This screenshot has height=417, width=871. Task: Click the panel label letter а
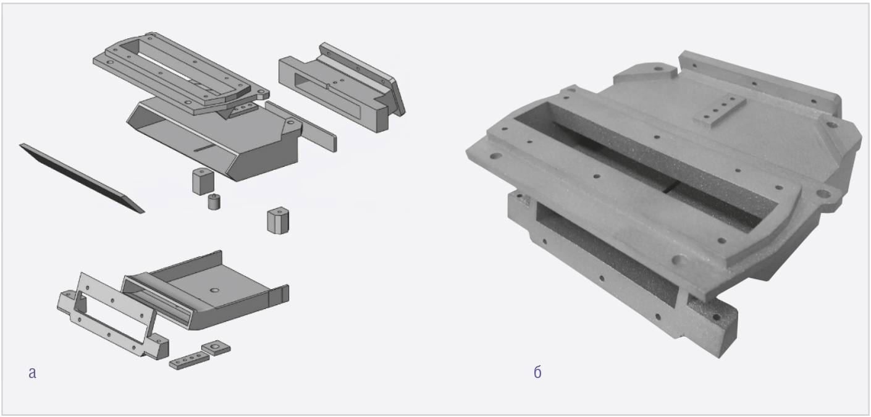(x=32, y=373)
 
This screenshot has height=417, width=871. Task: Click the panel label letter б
(x=537, y=372)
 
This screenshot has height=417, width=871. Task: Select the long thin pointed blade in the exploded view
(x=82, y=178)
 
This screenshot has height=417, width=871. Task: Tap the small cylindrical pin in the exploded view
(x=213, y=201)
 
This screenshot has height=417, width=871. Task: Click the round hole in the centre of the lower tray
(x=214, y=290)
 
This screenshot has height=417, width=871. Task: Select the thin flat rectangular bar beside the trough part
(x=301, y=127)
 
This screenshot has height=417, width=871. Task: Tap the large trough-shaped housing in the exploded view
(x=214, y=140)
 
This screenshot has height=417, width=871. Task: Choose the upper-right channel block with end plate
(x=342, y=88)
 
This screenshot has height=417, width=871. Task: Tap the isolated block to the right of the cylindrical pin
(x=278, y=221)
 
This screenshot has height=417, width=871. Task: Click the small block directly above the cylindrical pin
(x=203, y=181)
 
